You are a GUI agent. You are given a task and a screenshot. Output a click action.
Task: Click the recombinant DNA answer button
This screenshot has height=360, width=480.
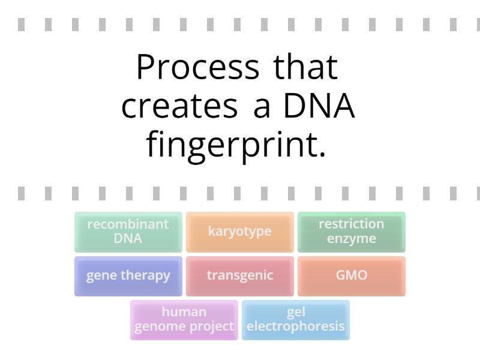pyautogui.click(x=128, y=232)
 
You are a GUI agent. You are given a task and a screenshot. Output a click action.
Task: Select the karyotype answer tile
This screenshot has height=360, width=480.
pyautogui.click(x=239, y=232)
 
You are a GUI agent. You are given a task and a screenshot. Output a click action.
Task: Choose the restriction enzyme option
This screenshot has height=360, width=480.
pyautogui.click(x=351, y=232)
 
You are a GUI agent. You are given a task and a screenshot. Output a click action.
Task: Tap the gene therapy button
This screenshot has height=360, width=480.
pyautogui.click(x=128, y=276)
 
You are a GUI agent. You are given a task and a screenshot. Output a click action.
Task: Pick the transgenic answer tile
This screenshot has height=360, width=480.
pyautogui.click(x=239, y=276)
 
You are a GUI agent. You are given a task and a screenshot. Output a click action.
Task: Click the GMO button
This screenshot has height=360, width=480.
pyautogui.click(x=351, y=276)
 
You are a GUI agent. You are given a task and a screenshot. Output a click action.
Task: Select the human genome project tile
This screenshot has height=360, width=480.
pyautogui.click(x=184, y=320)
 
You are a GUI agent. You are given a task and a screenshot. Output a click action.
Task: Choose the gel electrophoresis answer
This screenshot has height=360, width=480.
pyautogui.click(x=295, y=320)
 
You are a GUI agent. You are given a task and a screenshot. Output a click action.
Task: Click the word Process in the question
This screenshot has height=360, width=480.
pyautogui.click(x=197, y=67)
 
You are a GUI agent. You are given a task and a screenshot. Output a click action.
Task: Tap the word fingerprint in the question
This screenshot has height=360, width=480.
pyautogui.click(x=236, y=145)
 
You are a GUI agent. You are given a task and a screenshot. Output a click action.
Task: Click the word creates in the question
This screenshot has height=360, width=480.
pyautogui.click(x=179, y=106)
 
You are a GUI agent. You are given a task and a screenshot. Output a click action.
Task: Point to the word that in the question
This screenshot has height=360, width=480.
pyautogui.click(x=306, y=67)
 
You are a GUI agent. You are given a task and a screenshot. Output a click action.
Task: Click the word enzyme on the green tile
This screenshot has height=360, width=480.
pyautogui.click(x=351, y=239)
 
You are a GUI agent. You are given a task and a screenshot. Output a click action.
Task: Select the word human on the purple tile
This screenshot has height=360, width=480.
pyautogui.click(x=184, y=312)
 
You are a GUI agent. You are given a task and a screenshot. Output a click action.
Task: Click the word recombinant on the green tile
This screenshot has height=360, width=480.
pyautogui.click(x=128, y=224)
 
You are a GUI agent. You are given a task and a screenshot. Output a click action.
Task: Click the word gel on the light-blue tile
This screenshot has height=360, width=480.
pyautogui.click(x=296, y=312)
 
